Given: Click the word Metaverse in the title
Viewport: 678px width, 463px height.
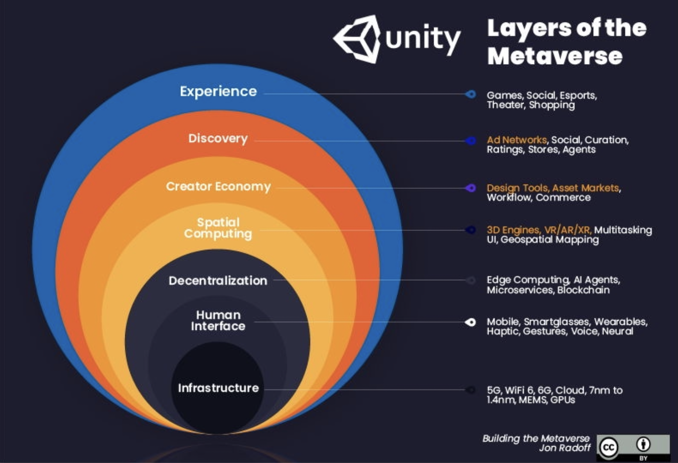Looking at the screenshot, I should click(555, 56).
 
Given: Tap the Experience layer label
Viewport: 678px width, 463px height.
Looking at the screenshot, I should click(218, 91).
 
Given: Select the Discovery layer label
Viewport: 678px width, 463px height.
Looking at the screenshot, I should click(218, 139).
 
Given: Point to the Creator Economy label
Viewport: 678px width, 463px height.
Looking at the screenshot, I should click(218, 187).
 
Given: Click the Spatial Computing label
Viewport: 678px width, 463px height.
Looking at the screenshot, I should click(218, 228).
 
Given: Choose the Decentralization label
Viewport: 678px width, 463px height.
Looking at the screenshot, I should click(218, 281).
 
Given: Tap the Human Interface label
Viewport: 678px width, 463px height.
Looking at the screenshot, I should click(218, 321).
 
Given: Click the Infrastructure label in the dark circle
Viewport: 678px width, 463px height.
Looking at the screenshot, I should click(218, 388).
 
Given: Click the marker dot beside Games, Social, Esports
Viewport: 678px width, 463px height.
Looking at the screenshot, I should click(471, 95).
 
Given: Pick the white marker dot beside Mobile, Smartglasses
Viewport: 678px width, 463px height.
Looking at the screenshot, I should click(471, 322).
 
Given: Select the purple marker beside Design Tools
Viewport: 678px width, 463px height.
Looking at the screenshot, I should click(471, 188).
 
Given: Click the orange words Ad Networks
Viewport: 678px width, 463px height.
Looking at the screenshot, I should click(516, 140).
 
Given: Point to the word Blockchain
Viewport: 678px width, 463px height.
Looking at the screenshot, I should click(583, 290).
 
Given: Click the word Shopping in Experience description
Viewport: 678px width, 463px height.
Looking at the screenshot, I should click(552, 105).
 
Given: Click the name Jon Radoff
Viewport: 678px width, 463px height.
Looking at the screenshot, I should click(565, 448).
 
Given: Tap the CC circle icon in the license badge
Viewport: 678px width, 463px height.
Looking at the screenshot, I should click(609, 447).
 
